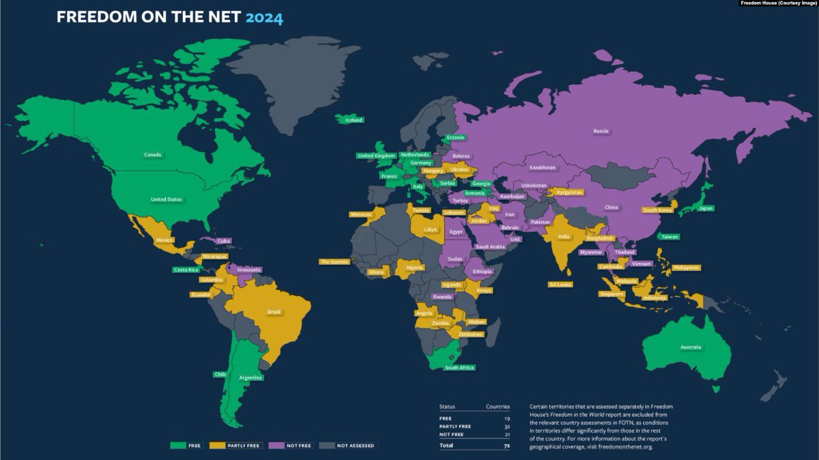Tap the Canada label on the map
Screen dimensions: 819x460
(153, 155)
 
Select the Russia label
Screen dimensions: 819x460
(601, 130)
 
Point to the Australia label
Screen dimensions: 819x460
(690, 348)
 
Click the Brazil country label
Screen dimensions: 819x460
(274, 312)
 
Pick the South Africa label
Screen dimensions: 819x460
(459, 368)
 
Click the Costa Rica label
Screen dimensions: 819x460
(185, 270)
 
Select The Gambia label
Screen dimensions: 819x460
(334, 261)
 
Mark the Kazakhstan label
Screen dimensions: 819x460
(543, 167)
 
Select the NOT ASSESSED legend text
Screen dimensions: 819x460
(356, 446)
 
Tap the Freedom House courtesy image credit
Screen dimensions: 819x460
(778, 3)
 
